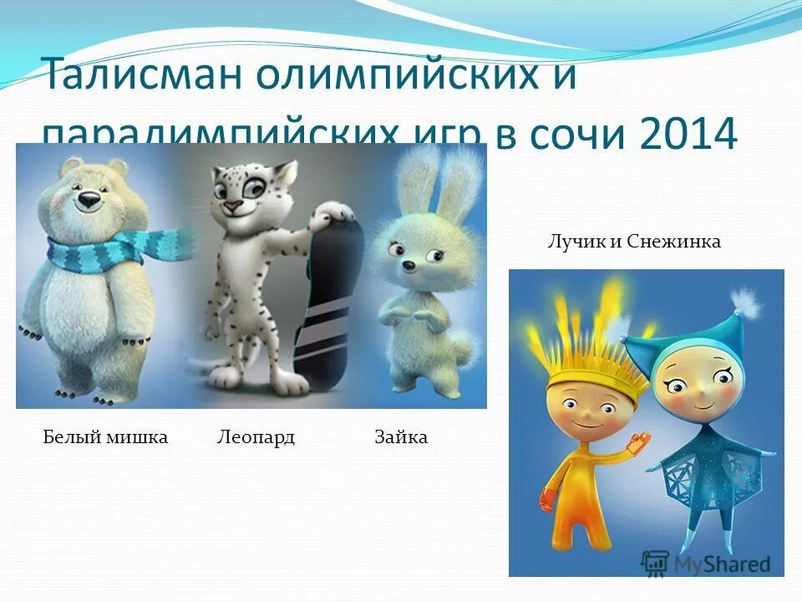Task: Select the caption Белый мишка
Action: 105,437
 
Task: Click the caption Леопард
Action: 256,437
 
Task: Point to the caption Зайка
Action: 401,437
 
